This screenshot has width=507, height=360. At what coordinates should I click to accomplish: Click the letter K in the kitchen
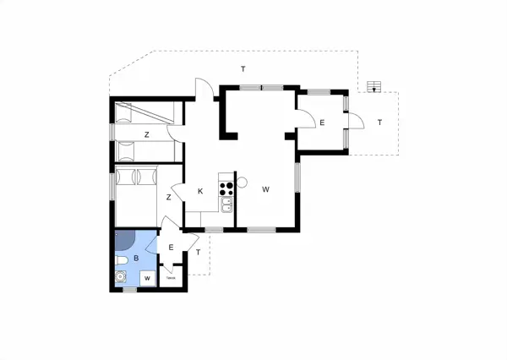coord(200,191)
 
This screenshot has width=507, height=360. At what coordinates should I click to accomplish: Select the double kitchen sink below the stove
coord(226,205)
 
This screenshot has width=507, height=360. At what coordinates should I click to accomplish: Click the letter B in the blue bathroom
coord(135,258)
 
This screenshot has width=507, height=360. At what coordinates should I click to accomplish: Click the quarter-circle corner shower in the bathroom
coord(123,241)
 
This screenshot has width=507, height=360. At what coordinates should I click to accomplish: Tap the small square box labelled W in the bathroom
coord(146,278)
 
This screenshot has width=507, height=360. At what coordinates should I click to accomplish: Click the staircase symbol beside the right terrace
coord(373,86)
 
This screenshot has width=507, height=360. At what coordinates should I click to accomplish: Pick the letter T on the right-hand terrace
coord(379,123)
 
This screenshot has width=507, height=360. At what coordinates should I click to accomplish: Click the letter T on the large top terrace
coord(243,68)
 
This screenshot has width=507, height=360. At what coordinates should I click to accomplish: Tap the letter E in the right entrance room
coord(322,123)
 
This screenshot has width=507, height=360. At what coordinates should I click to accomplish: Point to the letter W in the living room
coord(264,188)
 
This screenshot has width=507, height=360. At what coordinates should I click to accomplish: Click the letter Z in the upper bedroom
coord(145,134)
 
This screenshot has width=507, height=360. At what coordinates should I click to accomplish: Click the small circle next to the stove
coord(241,182)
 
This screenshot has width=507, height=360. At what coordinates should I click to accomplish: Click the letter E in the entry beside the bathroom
coord(171,248)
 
